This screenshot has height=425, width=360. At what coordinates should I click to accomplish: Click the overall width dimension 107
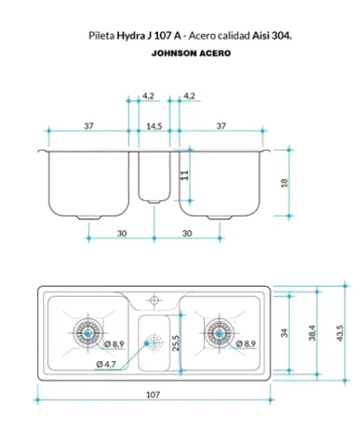[152, 394]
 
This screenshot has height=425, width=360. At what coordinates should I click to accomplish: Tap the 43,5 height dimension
[339, 333]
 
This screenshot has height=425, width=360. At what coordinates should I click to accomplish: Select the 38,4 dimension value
[312, 333]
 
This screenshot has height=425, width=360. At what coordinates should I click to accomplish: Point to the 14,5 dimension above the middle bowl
[154, 126]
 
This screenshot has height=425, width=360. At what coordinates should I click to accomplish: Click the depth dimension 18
[284, 183]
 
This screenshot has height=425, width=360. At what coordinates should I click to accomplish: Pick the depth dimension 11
[185, 175]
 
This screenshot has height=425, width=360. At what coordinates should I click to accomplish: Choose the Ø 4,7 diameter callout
[106, 365]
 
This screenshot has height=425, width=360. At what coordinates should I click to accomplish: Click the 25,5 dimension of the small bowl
[176, 343]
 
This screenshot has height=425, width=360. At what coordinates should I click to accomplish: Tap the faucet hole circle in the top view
[154, 300]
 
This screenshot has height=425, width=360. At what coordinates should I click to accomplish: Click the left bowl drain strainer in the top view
[88, 333]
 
